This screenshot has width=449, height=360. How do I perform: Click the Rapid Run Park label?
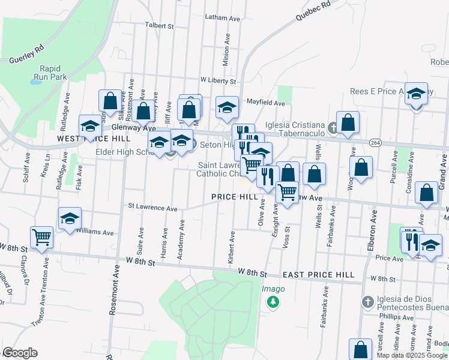tap(53, 73)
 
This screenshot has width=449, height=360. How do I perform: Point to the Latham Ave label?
tap(223, 19)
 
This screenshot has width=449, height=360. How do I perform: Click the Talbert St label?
tap(159, 26)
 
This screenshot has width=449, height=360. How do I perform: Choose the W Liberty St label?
tap(218, 80)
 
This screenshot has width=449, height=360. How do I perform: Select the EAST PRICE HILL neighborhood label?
tap(319, 274)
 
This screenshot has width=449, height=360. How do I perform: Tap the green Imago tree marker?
tap(273, 301)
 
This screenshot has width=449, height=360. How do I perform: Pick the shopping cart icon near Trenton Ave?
tap(41, 236)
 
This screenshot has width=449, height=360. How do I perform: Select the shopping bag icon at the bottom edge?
tap(360, 349)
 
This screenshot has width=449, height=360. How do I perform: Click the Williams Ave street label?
tap(95, 232)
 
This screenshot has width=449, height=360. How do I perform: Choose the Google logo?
tap(20, 353)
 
